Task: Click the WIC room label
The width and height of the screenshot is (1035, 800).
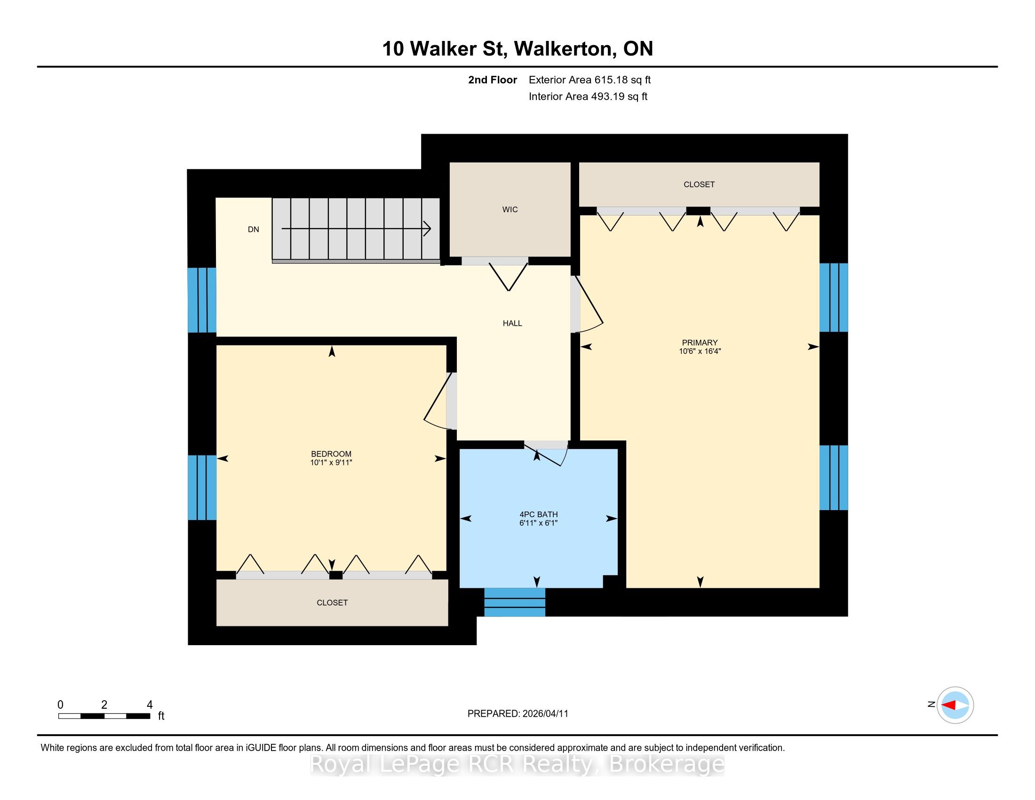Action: point(510,209)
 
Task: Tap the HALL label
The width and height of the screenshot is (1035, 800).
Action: point(512,323)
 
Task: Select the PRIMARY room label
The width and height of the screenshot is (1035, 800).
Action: point(700,343)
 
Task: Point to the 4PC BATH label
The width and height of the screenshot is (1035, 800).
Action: point(538,514)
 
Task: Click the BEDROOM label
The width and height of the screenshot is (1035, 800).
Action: point(331,454)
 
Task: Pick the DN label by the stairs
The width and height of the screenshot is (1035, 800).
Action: point(254,229)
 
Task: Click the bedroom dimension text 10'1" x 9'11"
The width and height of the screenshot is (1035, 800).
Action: point(331,463)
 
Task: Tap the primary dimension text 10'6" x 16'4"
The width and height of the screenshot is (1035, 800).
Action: point(700,351)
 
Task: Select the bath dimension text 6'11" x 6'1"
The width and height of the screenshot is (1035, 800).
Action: point(538,523)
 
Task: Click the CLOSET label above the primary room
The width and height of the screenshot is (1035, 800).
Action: point(699,184)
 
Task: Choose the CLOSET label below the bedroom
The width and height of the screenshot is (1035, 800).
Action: point(332,603)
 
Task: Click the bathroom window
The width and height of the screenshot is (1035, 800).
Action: point(515,602)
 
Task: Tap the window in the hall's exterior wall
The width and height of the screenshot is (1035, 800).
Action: point(202,300)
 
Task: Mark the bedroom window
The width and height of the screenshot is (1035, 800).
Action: point(202,487)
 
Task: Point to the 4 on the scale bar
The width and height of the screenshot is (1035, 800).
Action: point(150,705)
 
